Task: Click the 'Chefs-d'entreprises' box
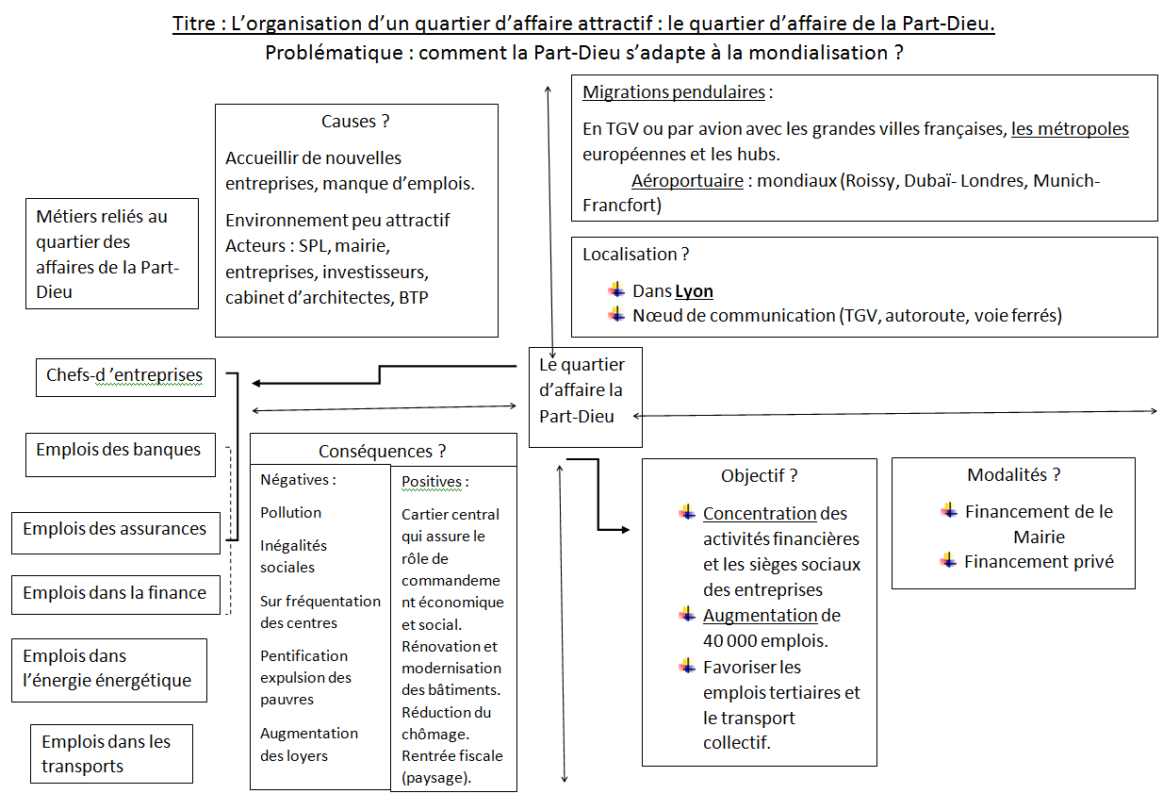pyautogui.click(x=125, y=377)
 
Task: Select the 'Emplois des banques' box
pyautogui.click(x=121, y=455)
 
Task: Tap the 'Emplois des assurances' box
pyautogui.click(x=116, y=533)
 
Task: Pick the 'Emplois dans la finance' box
pyautogui.click(x=116, y=595)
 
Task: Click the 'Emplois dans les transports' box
pyautogui.click(x=111, y=753)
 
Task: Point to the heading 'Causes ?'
pyautogui.click(x=355, y=122)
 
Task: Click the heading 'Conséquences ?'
pyautogui.click(x=382, y=451)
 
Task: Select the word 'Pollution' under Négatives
pyautogui.click(x=290, y=513)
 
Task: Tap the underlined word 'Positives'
pyautogui.click(x=432, y=482)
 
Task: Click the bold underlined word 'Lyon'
pyautogui.click(x=693, y=291)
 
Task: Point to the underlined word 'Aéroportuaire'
pyautogui.click(x=687, y=181)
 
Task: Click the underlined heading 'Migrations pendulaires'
pyautogui.click(x=674, y=92)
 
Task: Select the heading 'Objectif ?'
pyautogui.click(x=759, y=476)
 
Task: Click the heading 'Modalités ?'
pyautogui.click(x=1013, y=475)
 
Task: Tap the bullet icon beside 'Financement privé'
pyautogui.click(x=948, y=561)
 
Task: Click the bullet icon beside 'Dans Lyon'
pyautogui.click(x=616, y=289)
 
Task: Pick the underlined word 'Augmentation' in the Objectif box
pyautogui.click(x=761, y=616)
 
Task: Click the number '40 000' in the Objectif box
pyautogui.click(x=728, y=641)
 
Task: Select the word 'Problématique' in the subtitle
pyautogui.click(x=334, y=53)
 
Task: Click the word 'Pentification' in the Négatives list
pyautogui.click(x=303, y=656)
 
